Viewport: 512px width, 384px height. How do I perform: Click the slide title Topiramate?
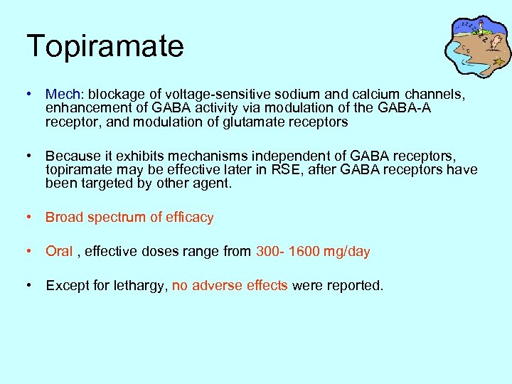point(105,46)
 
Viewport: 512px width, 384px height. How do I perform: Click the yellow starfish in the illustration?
point(499,62)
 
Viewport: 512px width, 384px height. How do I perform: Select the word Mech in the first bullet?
point(60,94)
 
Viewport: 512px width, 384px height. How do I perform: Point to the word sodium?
point(272,94)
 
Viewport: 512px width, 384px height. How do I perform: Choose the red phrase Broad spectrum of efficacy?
point(129,218)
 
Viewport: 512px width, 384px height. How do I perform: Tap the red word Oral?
point(59,251)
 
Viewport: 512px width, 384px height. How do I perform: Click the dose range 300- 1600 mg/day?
point(313,251)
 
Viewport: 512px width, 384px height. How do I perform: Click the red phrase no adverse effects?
point(230,285)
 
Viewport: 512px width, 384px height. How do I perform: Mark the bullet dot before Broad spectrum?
point(28,218)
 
